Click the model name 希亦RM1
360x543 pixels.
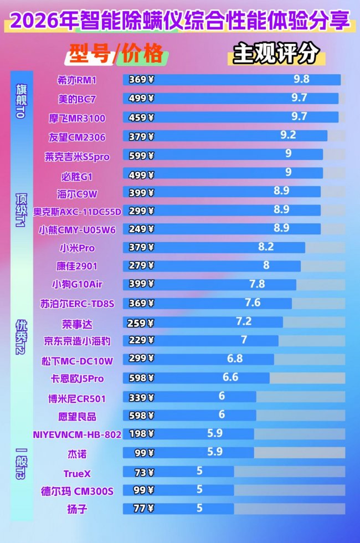click(x=77, y=80)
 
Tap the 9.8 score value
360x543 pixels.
click(x=301, y=79)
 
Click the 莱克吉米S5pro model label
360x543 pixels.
click(x=77, y=157)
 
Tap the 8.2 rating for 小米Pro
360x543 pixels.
click(x=266, y=247)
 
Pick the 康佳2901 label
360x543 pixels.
click(x=77, y=266)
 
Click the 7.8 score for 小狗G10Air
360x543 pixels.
click(x=257, y=284)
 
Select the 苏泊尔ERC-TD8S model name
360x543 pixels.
click(x=77, y=303)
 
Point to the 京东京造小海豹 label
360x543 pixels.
click(x=77, y=341)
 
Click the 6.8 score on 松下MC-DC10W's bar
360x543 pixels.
click(x=235, y=358)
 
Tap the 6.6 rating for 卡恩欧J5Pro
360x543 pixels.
click(x=230, y=377)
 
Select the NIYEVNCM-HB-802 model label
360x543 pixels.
click(x=77, y=434)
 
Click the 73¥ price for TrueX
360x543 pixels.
click(x=143, y=473)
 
